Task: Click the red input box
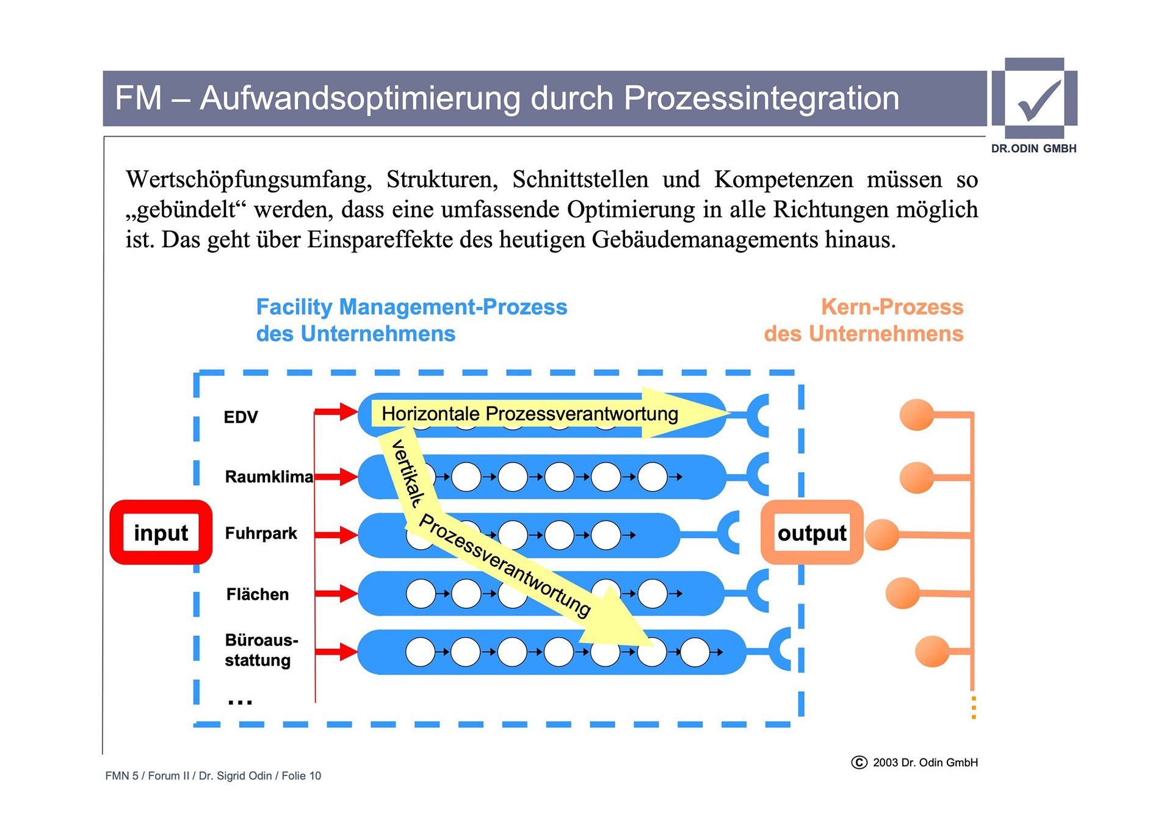point(161,532)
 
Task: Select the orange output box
point(811,532)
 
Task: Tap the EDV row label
point(241,417)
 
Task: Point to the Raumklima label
point(269,477)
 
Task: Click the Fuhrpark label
point(261,533)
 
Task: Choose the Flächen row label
point(257,594)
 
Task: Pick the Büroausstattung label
point(261,650)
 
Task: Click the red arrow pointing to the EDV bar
point(336,412)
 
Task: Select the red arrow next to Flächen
point(336,593)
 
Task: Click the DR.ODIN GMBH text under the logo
point(1033,148)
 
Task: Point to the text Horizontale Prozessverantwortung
point(529,414)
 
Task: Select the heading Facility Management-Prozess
point(411,307)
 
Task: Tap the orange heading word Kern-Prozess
point(892,307)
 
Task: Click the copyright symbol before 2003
point(859,763)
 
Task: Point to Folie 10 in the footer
point(301,776)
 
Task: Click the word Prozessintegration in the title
point(761,98)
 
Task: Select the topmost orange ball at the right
point(916,415)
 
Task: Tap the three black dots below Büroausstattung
point(240,702)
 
